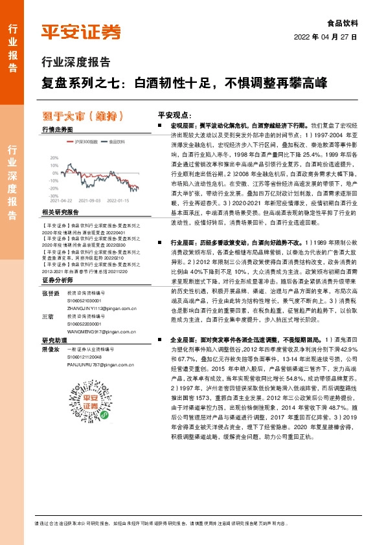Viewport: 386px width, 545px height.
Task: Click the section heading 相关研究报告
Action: click(60, 212)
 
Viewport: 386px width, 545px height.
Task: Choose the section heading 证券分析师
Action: click(57, 262)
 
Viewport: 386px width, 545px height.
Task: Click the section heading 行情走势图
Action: click(57, 129)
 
